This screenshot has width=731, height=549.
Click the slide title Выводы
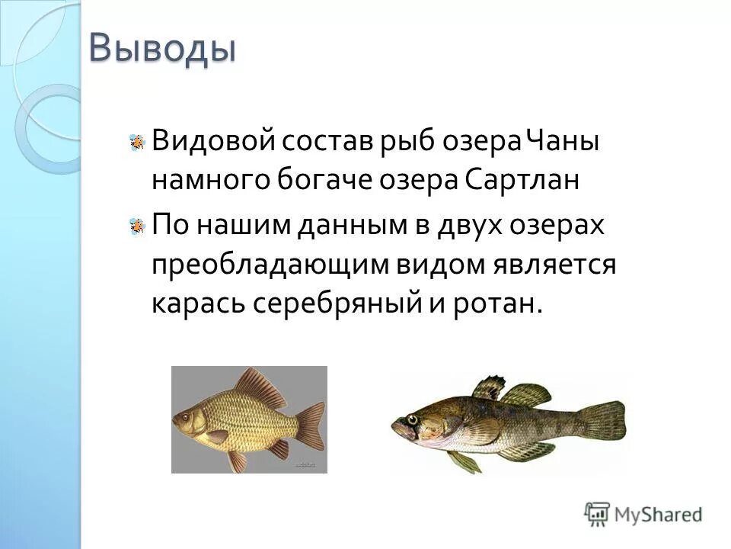pos(162,48)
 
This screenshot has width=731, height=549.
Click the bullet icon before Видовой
pos(137,142)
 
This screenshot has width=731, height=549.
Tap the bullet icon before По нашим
pos(137,225)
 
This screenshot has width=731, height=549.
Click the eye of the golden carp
pos(184,418)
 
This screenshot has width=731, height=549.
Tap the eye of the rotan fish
pos(412,419)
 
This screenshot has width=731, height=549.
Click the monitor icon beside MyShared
pos(599,513)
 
